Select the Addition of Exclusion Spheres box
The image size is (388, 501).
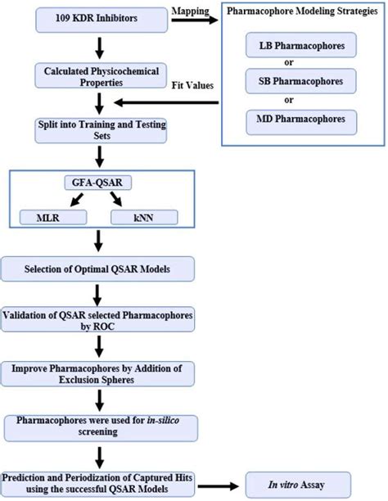tap(98, 372)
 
